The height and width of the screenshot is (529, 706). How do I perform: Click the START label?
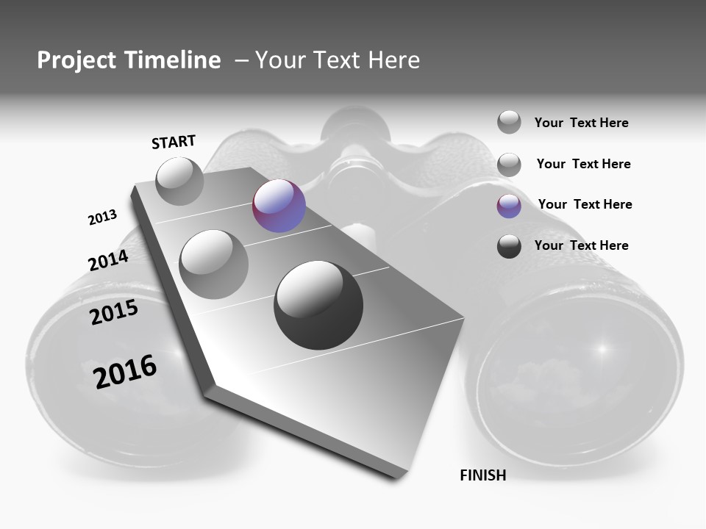pos(174,141)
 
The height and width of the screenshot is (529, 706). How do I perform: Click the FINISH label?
pos(482,475)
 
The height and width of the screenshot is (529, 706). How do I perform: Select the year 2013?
pos(102,217)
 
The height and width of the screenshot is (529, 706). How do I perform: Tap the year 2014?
pos(108,260)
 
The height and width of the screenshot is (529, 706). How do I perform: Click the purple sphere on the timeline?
pos(279,206)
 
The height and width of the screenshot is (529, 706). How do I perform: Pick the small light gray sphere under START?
pos(179,181)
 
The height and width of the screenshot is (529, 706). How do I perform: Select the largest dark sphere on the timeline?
pos(318,305)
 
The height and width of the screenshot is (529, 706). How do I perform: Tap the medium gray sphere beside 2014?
pos(213,264)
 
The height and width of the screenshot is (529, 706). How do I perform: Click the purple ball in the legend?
pos(509,206)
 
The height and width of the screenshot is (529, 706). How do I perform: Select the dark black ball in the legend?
pos(509,246)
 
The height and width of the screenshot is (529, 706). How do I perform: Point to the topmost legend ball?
pos(509,122)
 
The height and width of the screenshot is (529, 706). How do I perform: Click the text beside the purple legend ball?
pos(585,204)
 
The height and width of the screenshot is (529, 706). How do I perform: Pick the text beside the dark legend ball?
pos(581,245)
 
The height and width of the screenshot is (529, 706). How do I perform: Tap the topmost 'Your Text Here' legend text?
pos(581,123)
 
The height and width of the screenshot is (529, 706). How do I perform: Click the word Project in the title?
pos(76,60)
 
